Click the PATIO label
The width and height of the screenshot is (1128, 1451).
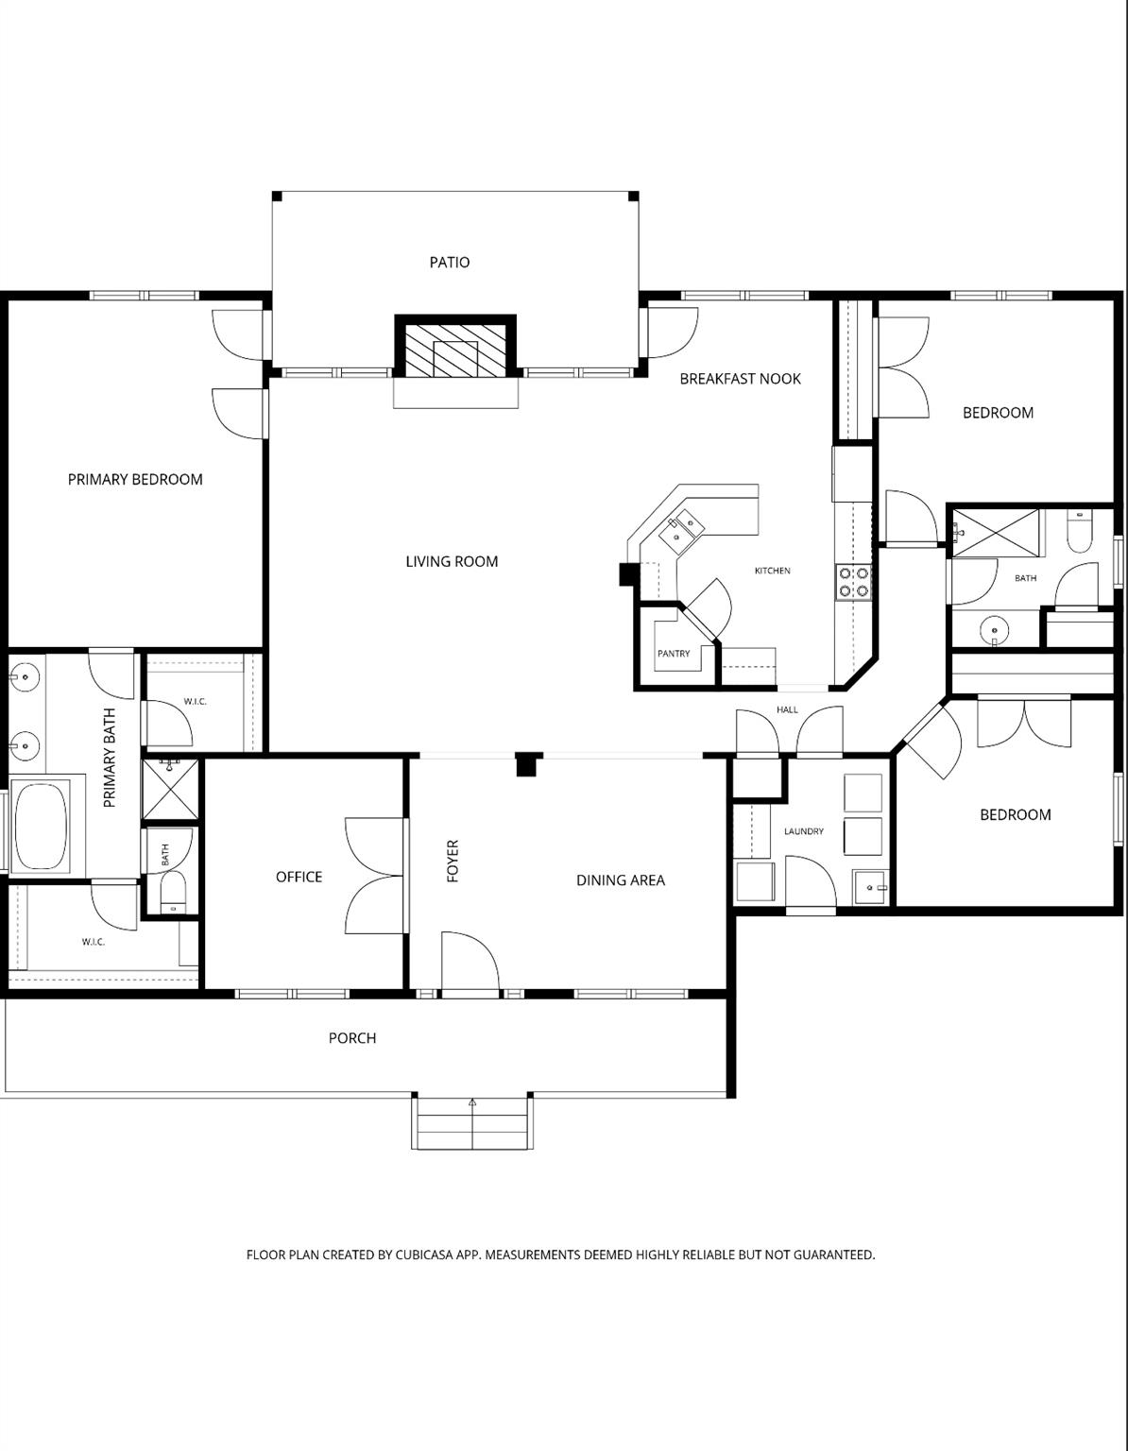point(449,262)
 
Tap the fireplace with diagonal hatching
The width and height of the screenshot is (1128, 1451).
point(455,349)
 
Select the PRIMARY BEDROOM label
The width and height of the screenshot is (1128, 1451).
point(135,479)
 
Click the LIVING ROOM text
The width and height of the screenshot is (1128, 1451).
point(452,561)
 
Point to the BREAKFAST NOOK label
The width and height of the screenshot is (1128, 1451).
point(740,379)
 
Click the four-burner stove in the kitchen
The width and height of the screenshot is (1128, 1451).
point(853,582)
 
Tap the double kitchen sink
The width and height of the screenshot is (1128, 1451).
point(682,530)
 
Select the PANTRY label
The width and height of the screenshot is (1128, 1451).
point(674,654)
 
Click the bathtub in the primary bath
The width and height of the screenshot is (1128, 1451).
point(39,824)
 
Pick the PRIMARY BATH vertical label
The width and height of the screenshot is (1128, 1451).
point(110,758)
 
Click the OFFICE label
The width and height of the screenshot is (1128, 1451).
point(299,877)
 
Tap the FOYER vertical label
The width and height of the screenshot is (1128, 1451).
point(453,861)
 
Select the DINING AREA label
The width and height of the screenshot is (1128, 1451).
point(620,879)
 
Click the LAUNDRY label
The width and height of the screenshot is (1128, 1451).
point(803,831)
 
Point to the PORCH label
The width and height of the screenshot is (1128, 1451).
point(351,1037)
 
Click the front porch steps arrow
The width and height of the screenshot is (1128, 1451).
point(472,1102)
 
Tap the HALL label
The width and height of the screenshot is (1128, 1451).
point(787,709)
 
